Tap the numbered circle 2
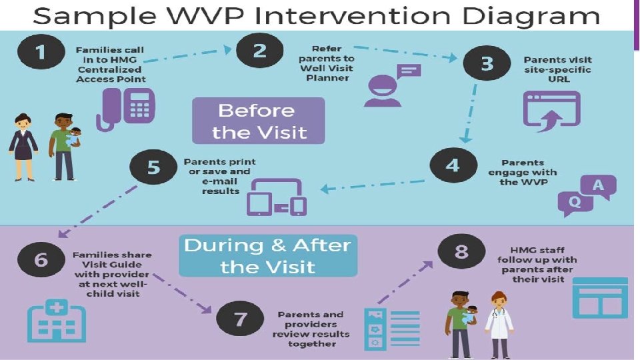259,51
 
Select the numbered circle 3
487,63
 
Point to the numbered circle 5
154,167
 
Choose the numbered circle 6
41,259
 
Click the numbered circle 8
462,252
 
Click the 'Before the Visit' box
258,121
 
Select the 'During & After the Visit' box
267,255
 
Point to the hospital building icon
55,322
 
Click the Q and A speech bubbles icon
586,195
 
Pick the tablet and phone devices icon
277,197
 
